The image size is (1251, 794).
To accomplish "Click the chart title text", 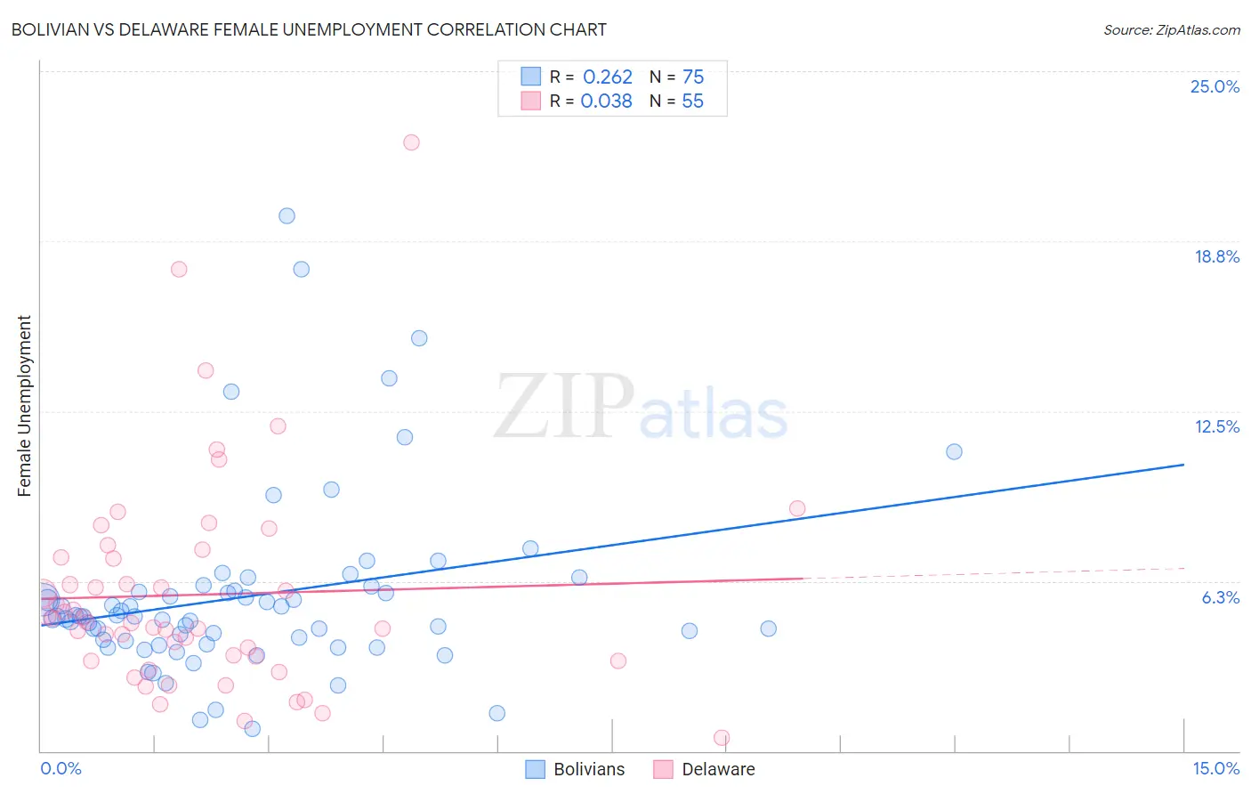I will tap(309, 29).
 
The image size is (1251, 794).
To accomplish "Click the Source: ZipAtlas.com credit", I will tap(1171, 29).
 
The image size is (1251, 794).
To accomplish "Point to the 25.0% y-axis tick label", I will tap(1215, 86).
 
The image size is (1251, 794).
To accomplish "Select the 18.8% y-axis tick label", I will tap(1216, 256).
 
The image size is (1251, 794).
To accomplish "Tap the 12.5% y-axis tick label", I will tap(1216, 426).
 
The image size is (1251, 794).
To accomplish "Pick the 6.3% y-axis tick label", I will tap(1220, 597).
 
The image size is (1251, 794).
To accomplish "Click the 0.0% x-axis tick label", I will tap(61, 768).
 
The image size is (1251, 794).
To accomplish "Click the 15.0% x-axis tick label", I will tap(1215, 768).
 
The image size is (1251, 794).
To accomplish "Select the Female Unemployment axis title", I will tap(24, 406).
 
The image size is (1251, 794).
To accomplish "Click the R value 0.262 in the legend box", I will tap(607, 77).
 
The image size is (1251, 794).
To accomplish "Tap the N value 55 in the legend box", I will tap(692, 101).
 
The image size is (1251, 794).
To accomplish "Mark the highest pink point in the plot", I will tap(411, 142).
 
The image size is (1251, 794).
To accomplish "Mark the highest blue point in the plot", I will tap(287, 215).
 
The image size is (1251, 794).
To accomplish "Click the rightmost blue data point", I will tap(954, 451).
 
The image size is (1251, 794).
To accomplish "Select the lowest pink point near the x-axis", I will tap(722, 738).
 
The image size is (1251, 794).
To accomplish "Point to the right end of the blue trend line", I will tap(1183, 465).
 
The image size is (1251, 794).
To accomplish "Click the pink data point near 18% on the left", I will tap(179, 269).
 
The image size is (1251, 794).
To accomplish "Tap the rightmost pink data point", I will tap(797, 508).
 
